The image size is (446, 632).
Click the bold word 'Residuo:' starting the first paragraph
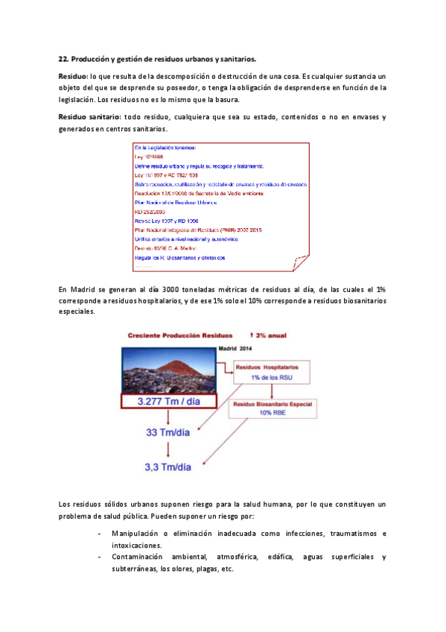coord(73,77)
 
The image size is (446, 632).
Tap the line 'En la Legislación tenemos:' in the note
coord(165,149)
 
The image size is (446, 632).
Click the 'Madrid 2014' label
coord(236,348)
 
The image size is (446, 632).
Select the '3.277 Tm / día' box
coord(168,401)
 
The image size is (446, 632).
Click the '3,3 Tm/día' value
coord(168,467)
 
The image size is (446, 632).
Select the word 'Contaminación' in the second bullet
coord(138,557)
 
